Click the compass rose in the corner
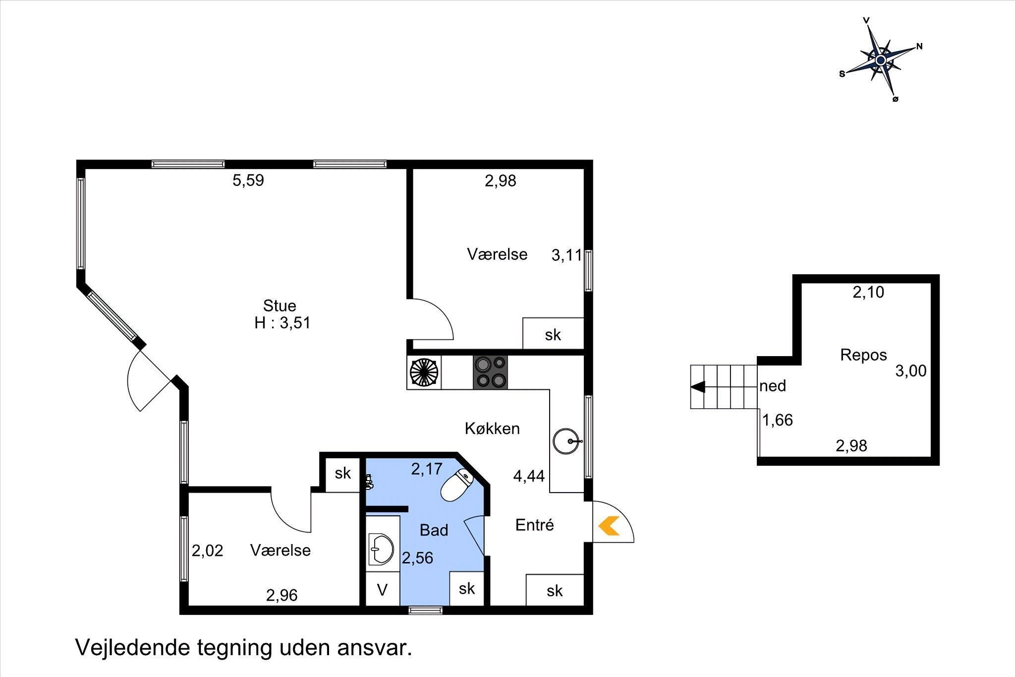coord(881,60)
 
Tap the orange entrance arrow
coord(609,526)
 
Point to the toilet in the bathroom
coord(456,486)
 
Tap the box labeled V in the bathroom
coord(382,589)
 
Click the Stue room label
coord(280,306)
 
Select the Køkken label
coord(492,429)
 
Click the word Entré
coord(534,525)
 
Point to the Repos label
coord(863,355)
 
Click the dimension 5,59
coord(248,181)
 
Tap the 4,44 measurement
coord(529,477)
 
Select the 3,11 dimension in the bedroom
coord(566,255)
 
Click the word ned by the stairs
coord(773,385)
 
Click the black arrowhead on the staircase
coord(698,387)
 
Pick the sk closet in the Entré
coord(555,590)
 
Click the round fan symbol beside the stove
coord(424,372)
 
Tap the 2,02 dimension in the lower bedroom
coord(208,551)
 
